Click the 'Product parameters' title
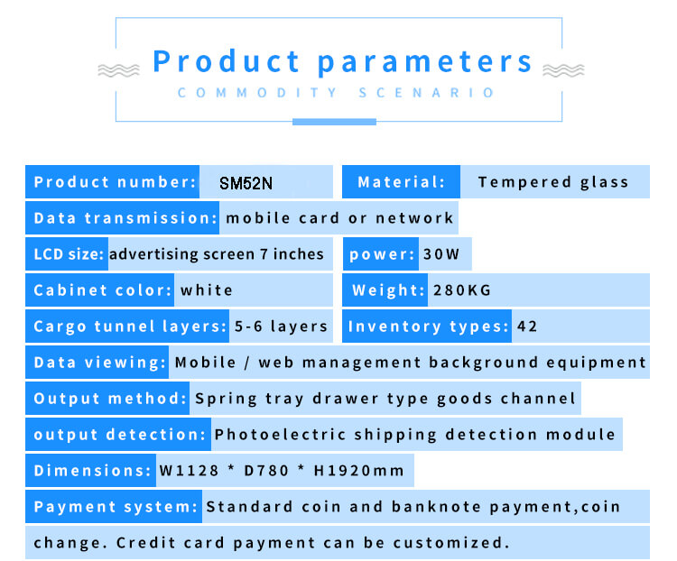click(342, 61)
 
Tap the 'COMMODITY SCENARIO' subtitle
click(336, 93)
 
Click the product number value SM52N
click(246, 183)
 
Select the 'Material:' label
click(401, 181)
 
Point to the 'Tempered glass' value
click(553, 182)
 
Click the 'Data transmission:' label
click(125, 218)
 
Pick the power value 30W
click(441, 254)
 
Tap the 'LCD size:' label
click(69, 254)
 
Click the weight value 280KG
click(462, 290)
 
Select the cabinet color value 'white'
click(207, 290)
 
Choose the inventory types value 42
click(527, 326)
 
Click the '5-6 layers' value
click(281, 326)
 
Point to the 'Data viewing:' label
click(99, 363)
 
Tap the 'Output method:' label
click(110, 399)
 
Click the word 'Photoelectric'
click(280, 435)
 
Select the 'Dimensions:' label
click(92, 471)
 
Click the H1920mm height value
click(358, 471)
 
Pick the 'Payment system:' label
click(116, 507)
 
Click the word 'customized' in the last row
click(451, 542)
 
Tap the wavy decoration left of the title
click(119, 70)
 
